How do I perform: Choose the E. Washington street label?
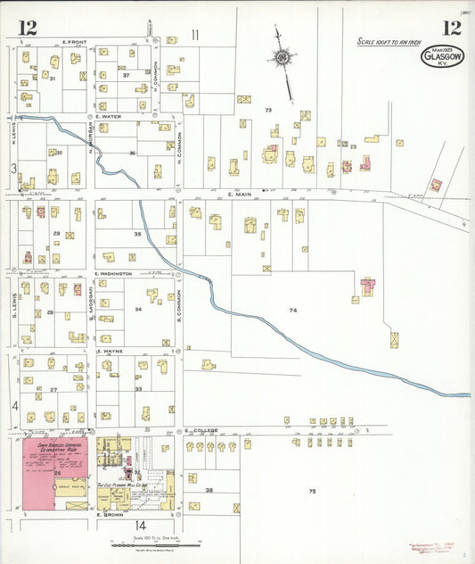[x=113, y=273]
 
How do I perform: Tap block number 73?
[x=267, y=110]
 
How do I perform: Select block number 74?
[x=292, y=310]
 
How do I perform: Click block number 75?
[x=312, y=492]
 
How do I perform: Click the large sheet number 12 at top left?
[x=27, y=28]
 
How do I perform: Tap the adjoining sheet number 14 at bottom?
[x=140, y=525]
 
